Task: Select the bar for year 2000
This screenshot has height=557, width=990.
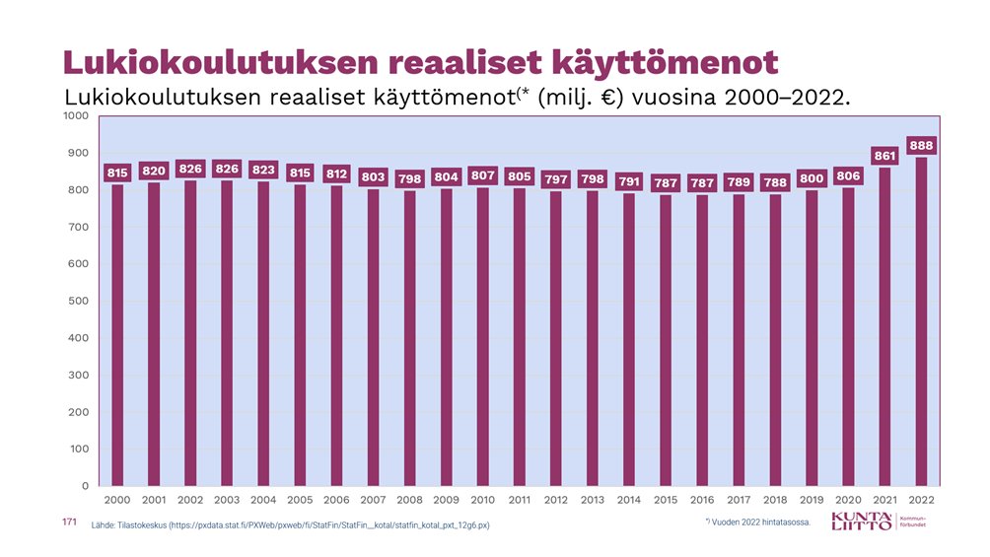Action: click(117, 335)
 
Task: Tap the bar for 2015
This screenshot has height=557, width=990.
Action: click(666, 340)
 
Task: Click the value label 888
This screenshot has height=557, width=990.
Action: click(921, 145)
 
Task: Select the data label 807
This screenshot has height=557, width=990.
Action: click(483, 175)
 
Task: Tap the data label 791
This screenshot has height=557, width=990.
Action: click(629, 181)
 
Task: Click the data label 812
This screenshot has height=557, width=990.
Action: click(337, 174)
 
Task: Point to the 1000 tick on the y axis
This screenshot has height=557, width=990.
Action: click(77, 116)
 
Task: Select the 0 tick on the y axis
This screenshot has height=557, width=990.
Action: click(86, 486)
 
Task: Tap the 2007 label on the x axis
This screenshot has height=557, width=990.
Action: click(374, 501)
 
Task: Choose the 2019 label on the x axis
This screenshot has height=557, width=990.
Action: click(812, 501)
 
